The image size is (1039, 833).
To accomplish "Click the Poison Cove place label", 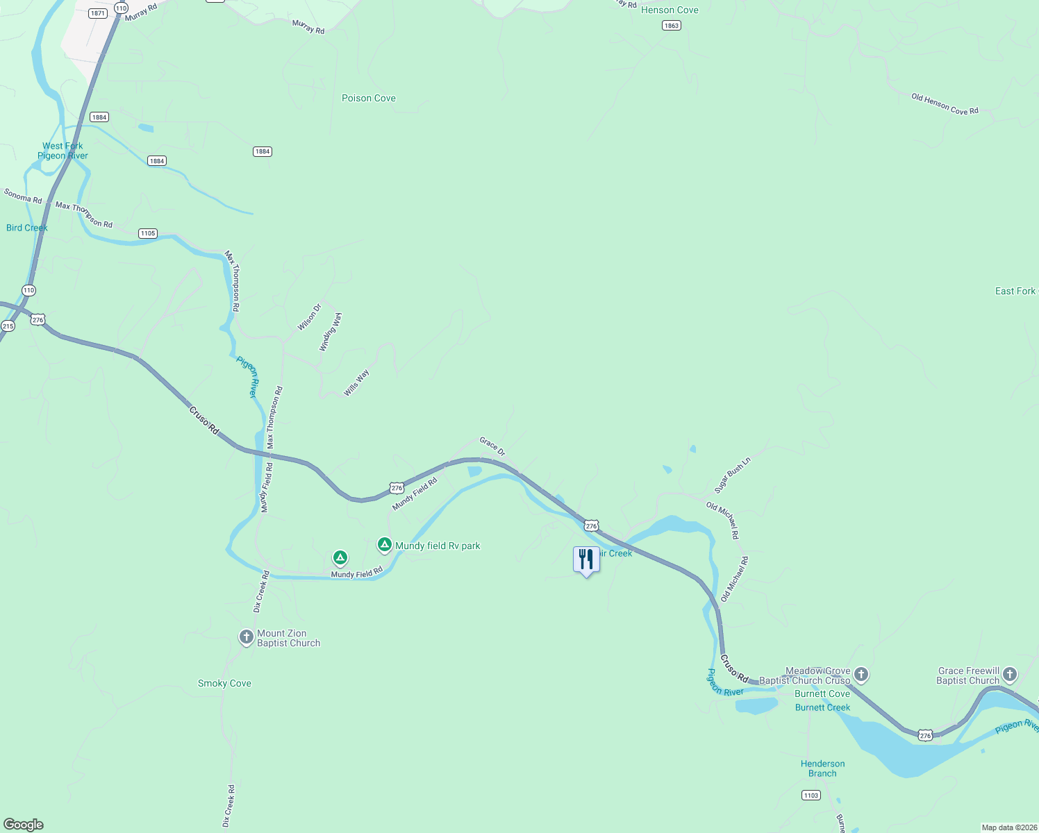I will pyautogui.click(x=368, y=98).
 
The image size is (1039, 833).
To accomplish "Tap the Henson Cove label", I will pyautogui.click(x=670, y=10).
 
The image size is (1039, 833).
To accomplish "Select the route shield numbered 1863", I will pyautogui.click(x=671, y=26).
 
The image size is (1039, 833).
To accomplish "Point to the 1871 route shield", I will pyautogui.click(x=98, y=13).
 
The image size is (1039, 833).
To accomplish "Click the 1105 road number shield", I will pyautogui.click(x=148, y=233).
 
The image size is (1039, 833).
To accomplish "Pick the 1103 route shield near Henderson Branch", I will pyautogui.click(x=811, y=795).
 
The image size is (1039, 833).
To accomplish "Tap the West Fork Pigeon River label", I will pyautogui.click(x=63, y=151).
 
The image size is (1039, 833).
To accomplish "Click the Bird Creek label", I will pyautogui.click(x=26, y=228).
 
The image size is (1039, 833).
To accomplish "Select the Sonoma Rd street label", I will pyautogui.click(x=23, y=196).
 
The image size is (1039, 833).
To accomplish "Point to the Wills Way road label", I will pyautogui.click(x=356, y=382).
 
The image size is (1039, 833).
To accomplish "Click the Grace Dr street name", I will pyautogui.click(x=492, y=446).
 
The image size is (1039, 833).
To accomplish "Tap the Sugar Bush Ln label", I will pyautogui.click(x=733, y=476).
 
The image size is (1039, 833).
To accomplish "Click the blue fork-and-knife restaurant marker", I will pyautogui.click(x=586, y=559).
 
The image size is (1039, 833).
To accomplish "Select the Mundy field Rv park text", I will pyautogui.click(x=438, y=546).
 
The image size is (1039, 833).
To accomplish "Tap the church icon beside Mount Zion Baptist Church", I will pyautogui.click(x=246, y=637).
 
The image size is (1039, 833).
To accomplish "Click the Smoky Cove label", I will pyautogui.click(x=224, y=683).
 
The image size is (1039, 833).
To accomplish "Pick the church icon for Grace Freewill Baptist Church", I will pyautogui.click(x=1010, y=674).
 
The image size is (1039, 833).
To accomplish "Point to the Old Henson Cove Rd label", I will pyautogui.click(x=945, y=104).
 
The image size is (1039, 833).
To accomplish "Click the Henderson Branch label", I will pyautogui.click(x=822, y=768).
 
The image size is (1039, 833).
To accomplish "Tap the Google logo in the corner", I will pyautogui.click(x=24, y=825).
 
